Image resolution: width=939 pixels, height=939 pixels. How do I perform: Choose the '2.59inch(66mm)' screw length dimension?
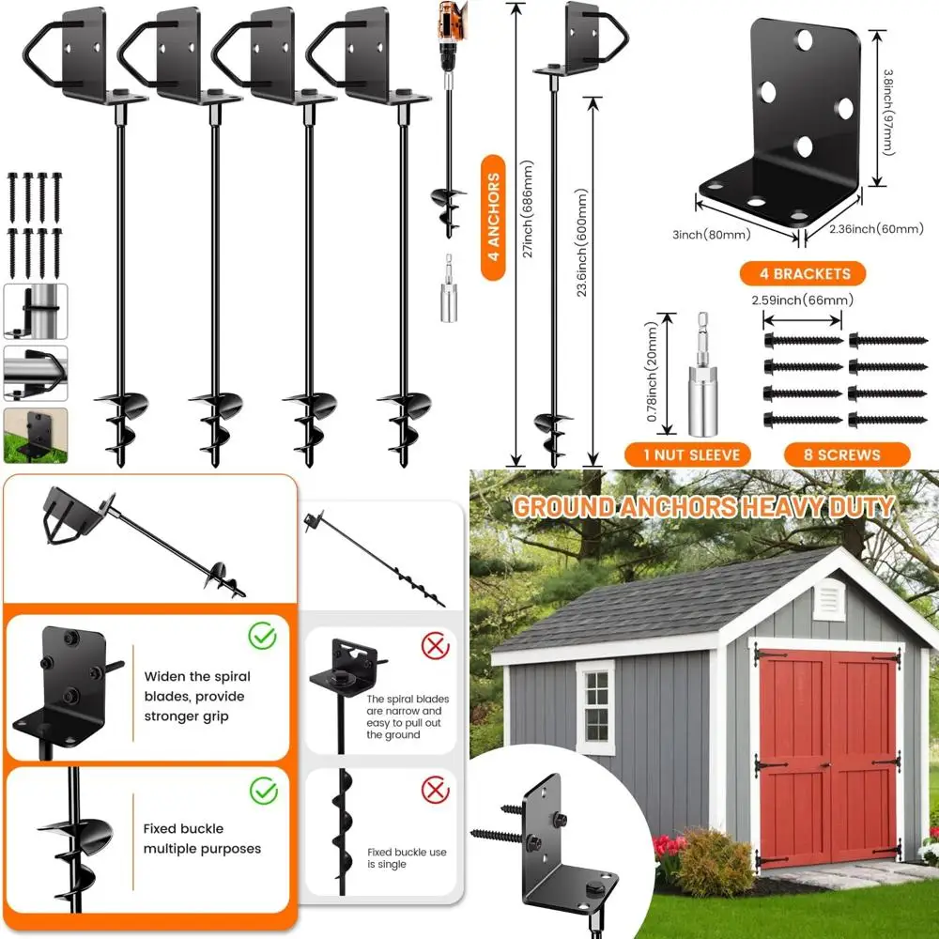coord(803,300)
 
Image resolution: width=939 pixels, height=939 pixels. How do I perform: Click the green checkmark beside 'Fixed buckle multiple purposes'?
coord(263,790)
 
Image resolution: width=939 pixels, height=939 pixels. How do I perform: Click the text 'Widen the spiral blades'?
coord(197,676)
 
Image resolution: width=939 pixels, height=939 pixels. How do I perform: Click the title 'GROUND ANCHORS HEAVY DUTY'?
coord(702,508)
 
